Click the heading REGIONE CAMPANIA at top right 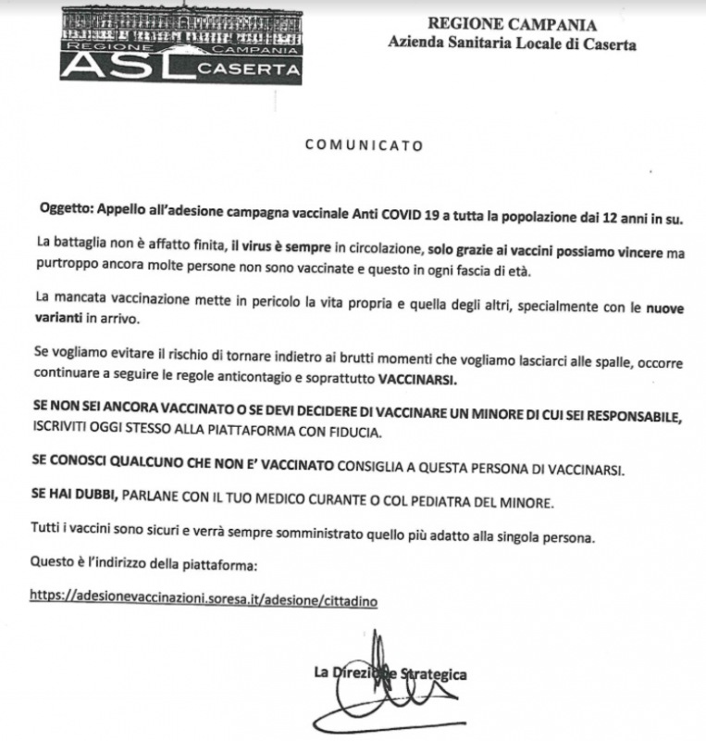click(513, 25)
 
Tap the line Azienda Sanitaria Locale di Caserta click(512, 44)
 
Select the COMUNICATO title click(365, 145)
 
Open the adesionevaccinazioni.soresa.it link click(204, 599)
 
